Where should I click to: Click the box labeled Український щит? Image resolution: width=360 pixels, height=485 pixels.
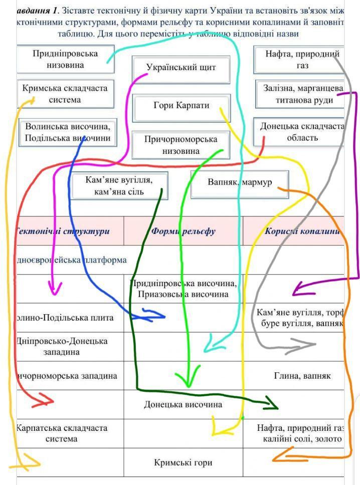click(x=181, y=68)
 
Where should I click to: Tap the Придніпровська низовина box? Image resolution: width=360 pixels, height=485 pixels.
click(x=65, y=59)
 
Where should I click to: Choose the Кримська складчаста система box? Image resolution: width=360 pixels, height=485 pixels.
click(x=65, y=94)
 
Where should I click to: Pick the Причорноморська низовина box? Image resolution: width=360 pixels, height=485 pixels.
click(x=181, y=145)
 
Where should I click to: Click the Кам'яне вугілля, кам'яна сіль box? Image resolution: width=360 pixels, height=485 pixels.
click(x=119, y=185)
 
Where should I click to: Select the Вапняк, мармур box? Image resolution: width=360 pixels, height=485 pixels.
click(x=240, y=182)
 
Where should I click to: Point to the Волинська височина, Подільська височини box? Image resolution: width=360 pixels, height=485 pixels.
click(x=67, y=132)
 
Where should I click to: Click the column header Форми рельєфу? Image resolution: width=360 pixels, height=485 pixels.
click(x=183, y=231)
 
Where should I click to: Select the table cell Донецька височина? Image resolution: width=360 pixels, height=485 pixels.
click(x=183, y=404)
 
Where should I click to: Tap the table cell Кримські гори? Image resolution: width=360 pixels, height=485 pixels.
click(x=183, y=462)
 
